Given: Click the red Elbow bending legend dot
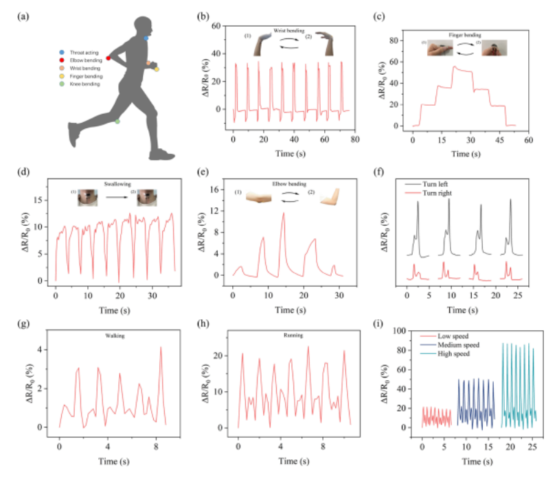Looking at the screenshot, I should tap(61, 60).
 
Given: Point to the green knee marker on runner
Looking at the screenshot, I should tap(117, 121).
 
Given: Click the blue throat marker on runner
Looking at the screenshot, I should tap(146, 38).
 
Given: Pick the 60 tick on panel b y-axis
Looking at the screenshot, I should tap(218, 26).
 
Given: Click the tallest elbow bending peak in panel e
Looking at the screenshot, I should tap(283, 213).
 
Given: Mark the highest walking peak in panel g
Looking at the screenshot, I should tap(161, 347).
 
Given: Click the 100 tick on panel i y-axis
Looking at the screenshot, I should tap(405, 331).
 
